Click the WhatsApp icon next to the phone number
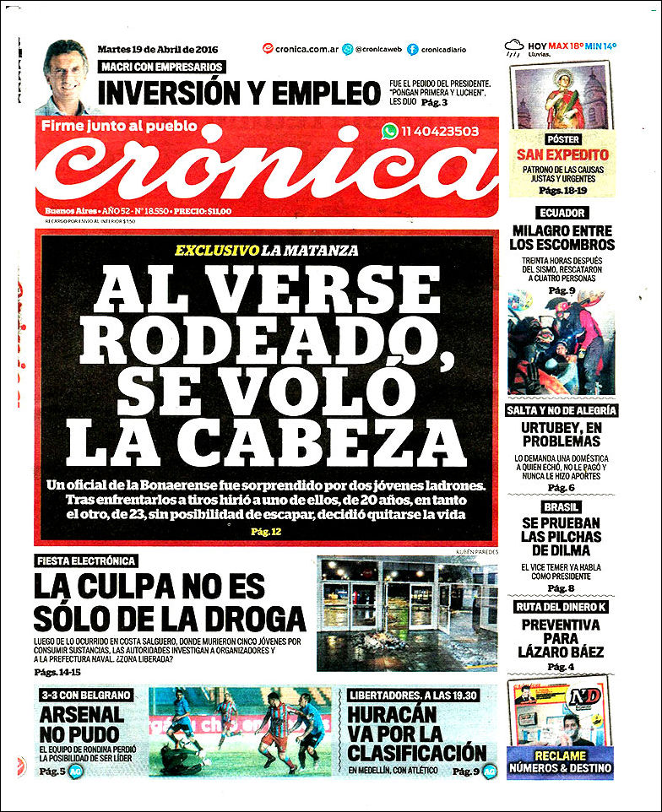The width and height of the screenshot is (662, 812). point(389,131)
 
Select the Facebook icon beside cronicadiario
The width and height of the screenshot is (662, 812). point(412,49)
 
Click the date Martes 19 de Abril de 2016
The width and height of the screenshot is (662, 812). point(159,48)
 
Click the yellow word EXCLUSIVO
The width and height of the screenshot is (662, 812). point(215,251)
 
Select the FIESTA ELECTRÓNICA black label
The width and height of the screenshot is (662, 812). point(86,560)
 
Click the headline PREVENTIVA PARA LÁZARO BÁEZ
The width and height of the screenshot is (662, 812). point(562,638)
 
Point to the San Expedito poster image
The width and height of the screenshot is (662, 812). point(562,98)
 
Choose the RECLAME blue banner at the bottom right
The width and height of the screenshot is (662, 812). point(560,761)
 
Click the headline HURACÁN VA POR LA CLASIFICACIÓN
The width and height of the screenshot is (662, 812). point(416,733)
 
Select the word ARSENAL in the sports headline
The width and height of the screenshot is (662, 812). point(81,714)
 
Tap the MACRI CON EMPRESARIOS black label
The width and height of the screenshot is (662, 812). point(162,67)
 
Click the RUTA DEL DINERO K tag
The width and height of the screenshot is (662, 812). point(562,607)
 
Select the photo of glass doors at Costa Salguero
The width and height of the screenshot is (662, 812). point(406,612)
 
